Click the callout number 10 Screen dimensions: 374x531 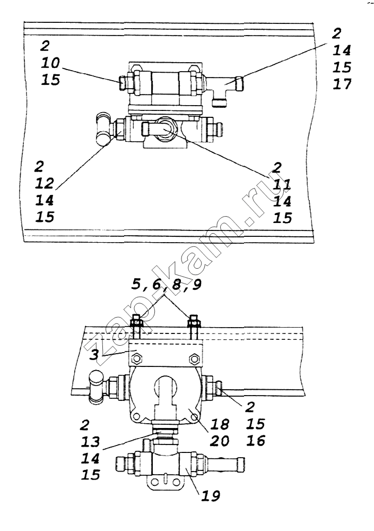[50, 63]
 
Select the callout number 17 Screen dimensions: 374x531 [342, 84]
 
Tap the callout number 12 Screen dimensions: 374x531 [45, 183]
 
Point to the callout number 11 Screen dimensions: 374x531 [282, 185]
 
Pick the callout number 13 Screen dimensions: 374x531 [90, 442]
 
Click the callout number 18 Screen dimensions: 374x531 [220, 424]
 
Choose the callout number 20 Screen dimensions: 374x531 [220, 441]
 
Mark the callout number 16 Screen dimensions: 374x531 [256, 441]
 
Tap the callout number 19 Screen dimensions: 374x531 [211, 496]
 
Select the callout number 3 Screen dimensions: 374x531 [94, 355]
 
